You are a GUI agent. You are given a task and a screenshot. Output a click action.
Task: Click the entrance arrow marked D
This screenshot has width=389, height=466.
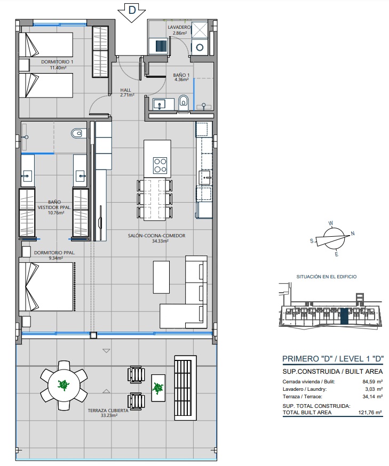pyautogui.click(x=131, y=11)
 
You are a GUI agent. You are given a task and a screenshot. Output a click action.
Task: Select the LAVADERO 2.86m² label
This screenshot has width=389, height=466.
pyautogui.click(x=180, y=30)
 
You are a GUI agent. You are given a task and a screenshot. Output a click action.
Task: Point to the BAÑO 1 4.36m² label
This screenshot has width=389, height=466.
pyautogui.click(x=181, y=78)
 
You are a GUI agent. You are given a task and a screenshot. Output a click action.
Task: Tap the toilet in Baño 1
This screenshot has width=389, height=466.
pyautogui.click(x=184, y=101)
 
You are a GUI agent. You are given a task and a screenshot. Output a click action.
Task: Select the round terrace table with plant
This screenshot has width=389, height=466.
pyautogui.click(x=63, y=385)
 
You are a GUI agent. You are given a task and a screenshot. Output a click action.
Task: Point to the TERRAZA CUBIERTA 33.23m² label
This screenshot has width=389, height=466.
pyautogui.click(x=108, y=413)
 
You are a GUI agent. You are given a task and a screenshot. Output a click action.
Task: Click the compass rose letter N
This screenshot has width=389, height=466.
pyautogui.click(x=353, y=234)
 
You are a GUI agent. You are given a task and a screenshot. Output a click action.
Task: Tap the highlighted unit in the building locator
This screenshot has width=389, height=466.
pyautogui.click(x=344, y=316)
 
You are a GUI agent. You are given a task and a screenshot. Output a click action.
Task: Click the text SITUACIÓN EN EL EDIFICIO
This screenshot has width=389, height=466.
pyautogui.click(x=326, y=277)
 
